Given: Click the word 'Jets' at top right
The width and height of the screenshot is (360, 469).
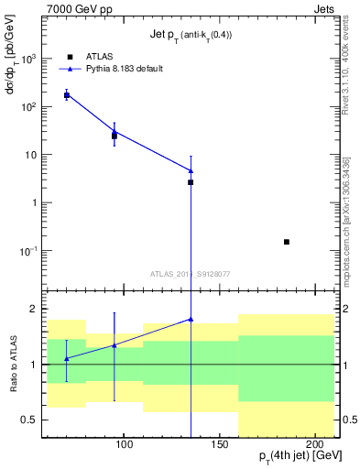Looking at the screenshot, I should [323, 8].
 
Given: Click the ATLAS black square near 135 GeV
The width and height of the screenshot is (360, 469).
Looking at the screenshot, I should [191, 182].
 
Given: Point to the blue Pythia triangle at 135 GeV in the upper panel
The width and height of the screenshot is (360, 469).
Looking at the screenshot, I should [191, 170].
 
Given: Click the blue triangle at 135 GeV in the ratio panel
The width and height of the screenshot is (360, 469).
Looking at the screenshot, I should [191, 319].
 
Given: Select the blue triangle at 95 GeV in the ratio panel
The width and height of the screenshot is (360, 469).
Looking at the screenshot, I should [114, 344].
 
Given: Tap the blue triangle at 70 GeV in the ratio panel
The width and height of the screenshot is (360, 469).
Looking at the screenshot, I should [66, 358].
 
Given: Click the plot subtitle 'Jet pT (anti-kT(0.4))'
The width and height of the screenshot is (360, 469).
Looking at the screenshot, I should [191, 35].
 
